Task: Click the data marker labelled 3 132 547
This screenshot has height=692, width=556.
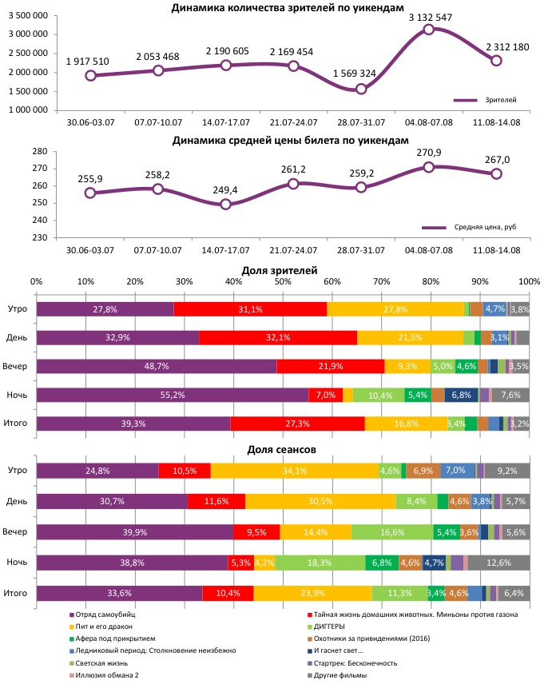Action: coord(429,30)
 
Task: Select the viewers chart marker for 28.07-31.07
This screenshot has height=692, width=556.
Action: coord(361,89)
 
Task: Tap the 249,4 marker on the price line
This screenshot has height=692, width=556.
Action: coord(226,204)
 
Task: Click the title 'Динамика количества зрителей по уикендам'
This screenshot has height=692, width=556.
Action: coord(293,7)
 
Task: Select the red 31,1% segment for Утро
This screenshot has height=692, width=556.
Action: coord(250,309)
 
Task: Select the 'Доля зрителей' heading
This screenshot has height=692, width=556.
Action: coord(282,272)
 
